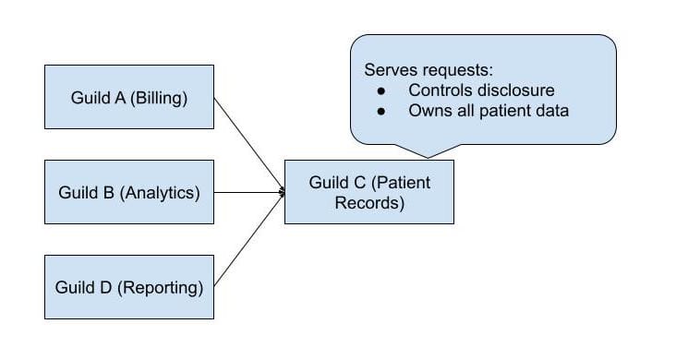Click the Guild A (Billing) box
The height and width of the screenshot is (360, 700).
click(x=129, y=97)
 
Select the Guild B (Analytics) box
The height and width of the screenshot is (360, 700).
click(x=129, y=192)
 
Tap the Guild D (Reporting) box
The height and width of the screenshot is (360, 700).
click(x=129, y=287)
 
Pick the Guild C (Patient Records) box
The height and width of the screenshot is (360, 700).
click(x=369, y=192)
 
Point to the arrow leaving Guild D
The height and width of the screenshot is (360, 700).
click(x=248, y=241)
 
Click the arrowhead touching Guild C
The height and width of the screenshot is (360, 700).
click(x=281, y=192)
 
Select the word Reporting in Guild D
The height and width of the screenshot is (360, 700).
click(x=164, y=288)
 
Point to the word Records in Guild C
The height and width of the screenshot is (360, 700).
click(x=369, y=203)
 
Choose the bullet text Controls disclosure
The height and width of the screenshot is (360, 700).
click(x=481, y=90)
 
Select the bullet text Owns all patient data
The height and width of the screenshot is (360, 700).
click(x=488, y=111)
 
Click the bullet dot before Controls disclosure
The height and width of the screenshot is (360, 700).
click(x=381, y=90)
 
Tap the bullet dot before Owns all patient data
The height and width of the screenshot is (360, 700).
click(x=381, y=111)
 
